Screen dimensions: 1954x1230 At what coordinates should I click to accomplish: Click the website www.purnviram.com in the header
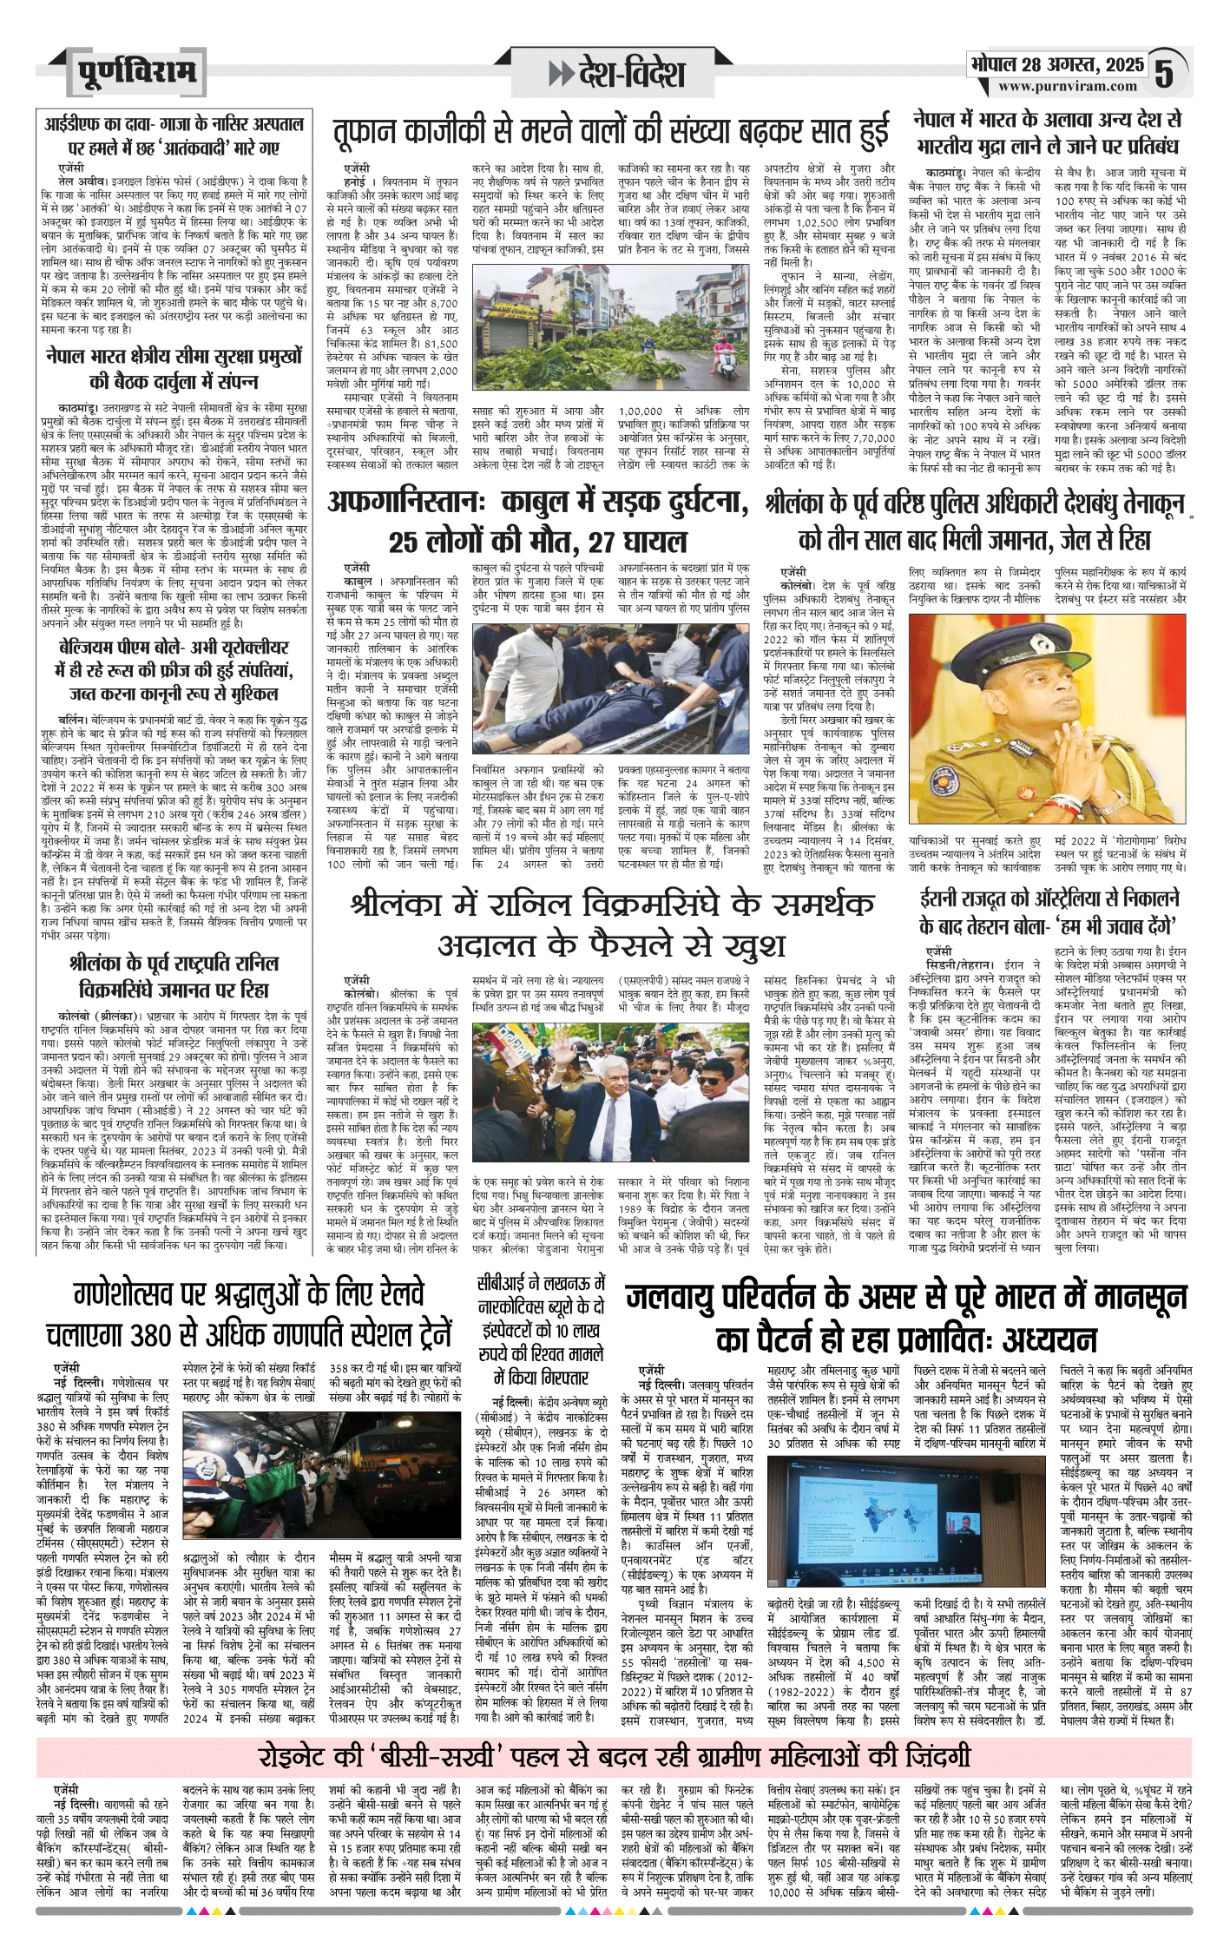click(1067, 87)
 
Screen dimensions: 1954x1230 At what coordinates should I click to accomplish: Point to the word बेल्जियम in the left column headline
click(94, 648)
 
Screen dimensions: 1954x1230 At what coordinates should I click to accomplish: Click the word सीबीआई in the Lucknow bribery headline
click(503, 1284)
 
